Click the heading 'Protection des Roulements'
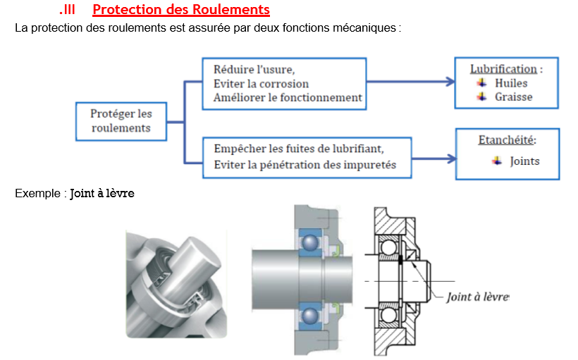click(x=181, y=10)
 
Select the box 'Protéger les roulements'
click(x=121, y=120)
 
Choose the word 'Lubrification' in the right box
click(x=503, y=69)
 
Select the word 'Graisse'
click(x=513, y=97)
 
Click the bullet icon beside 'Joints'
click(x=497, y=161)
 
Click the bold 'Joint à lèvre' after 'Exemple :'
click(x=102, y=192)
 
